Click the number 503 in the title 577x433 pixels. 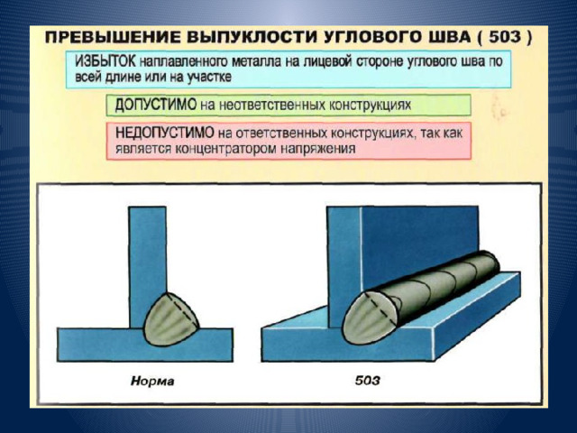[505, 38]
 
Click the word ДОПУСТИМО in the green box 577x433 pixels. [156, 105]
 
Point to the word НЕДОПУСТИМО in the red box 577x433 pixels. [164, 133]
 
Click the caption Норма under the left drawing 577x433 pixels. [152, 381]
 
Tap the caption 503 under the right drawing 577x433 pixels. [367, 381]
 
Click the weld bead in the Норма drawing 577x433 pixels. [170, 319]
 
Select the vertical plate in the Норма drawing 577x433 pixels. [147, 266]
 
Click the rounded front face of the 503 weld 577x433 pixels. [370, 318]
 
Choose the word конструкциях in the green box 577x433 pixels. [370, 106]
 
